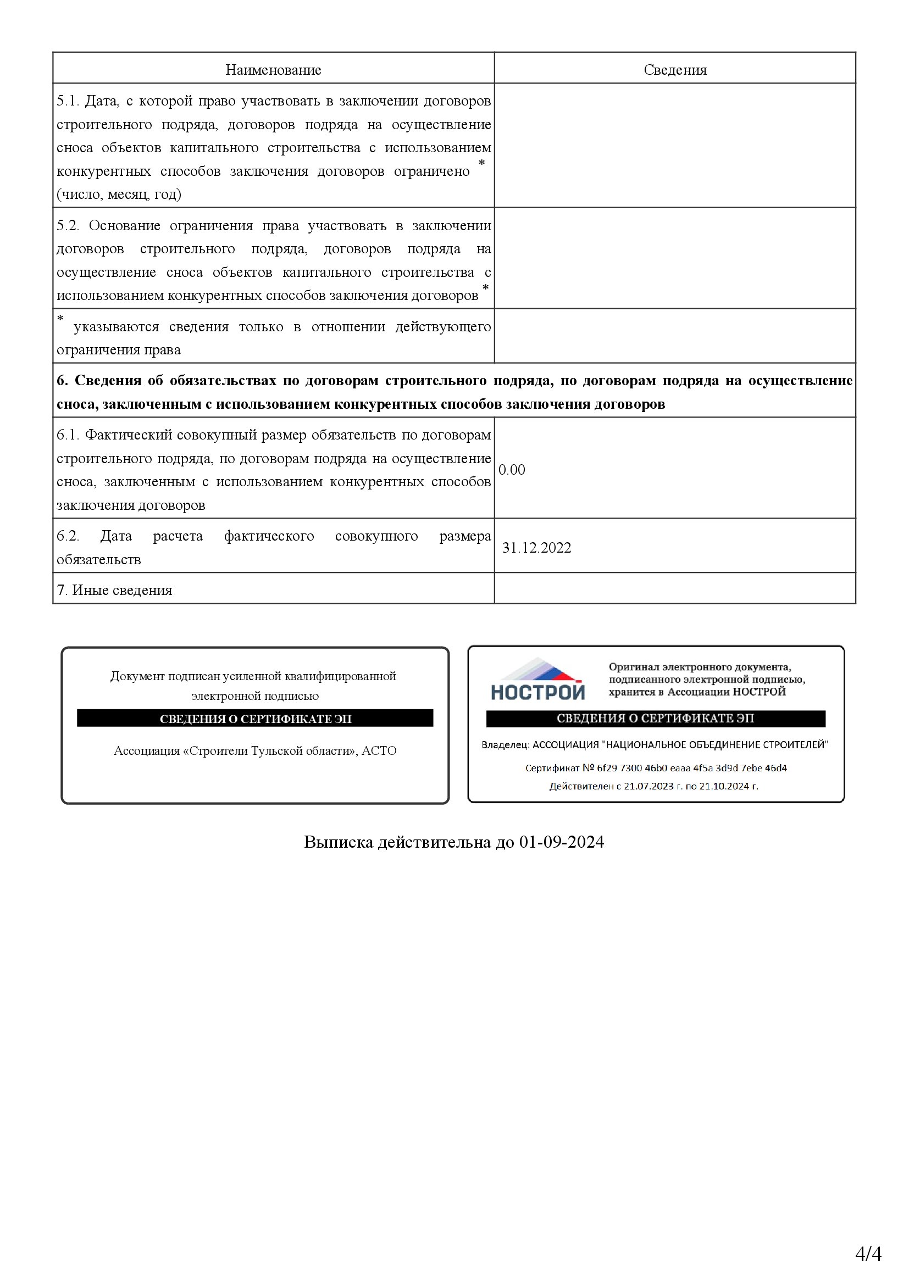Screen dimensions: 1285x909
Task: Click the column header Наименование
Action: [273, 70]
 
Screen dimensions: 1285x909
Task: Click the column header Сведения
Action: [674, 70]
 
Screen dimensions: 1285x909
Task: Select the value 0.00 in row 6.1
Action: [512, 470]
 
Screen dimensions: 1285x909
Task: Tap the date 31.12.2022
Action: [536, 548]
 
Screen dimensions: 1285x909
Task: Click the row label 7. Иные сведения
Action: [114, 590]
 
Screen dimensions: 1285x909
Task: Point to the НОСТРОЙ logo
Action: [537, 680]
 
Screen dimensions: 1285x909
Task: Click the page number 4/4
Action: [868, 1253]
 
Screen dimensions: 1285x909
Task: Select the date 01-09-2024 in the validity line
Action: [562, 842]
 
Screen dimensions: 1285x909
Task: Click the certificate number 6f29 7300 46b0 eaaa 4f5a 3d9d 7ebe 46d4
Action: [692, 768]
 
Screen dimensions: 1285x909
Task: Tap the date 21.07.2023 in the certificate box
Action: [648, 786]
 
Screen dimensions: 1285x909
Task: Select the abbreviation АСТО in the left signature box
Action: [379, 750]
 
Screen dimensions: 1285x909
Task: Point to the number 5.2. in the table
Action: [68, 226]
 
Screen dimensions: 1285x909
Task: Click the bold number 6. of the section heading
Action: [62, 381]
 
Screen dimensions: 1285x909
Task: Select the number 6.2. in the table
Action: [68, 536]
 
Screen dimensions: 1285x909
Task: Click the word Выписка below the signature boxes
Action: [338, 842]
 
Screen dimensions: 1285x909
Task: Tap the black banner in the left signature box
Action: [255, 719]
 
